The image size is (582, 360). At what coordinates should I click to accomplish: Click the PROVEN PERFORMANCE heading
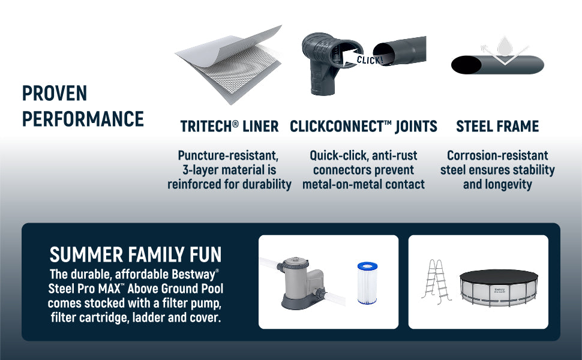pyautogui.click(x=83, y=106)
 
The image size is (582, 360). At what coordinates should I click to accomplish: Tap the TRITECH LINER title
pyautogui.click(x=229, y=127)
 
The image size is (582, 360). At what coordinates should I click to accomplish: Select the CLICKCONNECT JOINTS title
pyautogui.click(x=363, y=127)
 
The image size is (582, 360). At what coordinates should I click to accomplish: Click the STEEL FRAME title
pyautogui.click(x=497, y=127)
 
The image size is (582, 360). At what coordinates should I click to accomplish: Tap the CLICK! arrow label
pyautogui.click(x=367, y=59)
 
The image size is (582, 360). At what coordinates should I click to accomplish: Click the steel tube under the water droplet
pyautogui.click(x=497, y=65)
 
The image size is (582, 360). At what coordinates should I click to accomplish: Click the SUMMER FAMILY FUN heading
pyautogui.click(x=136, y=255)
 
